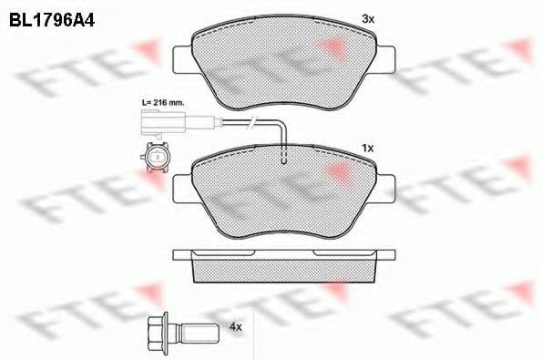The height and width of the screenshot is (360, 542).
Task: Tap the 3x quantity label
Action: click(x=368, y=17)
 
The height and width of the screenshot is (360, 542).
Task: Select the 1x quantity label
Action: click(x=368, y=147)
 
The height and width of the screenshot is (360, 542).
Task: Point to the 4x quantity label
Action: click(x=237, y=325)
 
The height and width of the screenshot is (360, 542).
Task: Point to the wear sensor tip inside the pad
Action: click(x=285, y=159)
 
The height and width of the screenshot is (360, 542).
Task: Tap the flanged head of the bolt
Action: click(x=157, y=325)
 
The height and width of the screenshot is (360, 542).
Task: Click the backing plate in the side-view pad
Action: click(x=285, y=252)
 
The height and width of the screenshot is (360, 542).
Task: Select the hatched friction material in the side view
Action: click(x=285, y=269)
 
